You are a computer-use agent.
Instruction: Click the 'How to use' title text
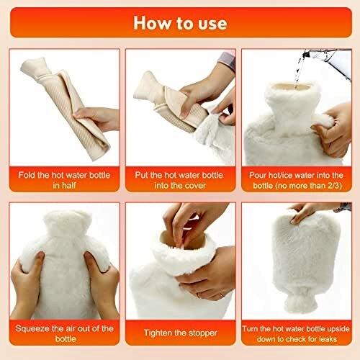click(180, 23)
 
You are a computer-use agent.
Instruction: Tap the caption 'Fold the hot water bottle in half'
click(64, 180)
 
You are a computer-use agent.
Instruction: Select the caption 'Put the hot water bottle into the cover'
click(179, 180)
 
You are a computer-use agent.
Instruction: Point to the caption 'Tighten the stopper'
click(181, 333)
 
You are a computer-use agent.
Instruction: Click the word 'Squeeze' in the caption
click(31, 328)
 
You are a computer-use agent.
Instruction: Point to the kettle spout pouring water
click(305, 55)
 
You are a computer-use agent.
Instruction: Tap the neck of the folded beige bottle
click(36, 67)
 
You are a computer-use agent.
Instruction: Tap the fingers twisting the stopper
click(187, 223)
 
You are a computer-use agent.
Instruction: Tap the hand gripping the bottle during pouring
click(333, 130)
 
